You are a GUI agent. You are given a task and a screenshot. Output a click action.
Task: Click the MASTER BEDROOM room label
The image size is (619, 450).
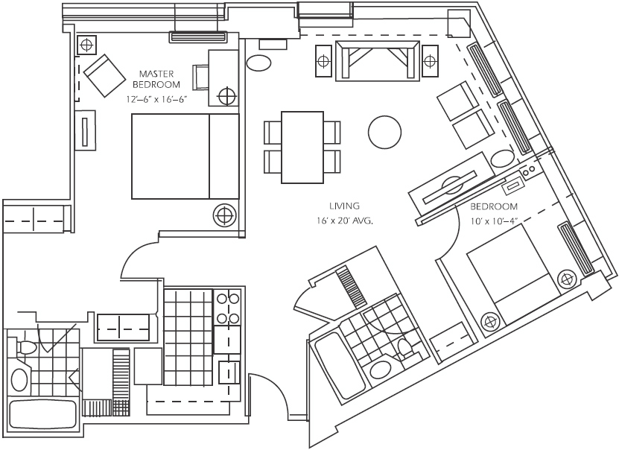(x=156, y=80)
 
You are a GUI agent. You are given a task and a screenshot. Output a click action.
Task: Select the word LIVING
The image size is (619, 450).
(x=344, y=205)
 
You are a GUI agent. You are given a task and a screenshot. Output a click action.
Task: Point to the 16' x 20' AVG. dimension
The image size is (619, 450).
(x=344, y=221)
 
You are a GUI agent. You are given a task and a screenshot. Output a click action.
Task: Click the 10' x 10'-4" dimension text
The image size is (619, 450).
(x=494, y=221)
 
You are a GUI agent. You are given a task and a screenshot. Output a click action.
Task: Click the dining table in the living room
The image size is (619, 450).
(x=302, y=147)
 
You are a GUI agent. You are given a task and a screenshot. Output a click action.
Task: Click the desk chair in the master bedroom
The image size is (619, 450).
(x=202, y=77)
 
